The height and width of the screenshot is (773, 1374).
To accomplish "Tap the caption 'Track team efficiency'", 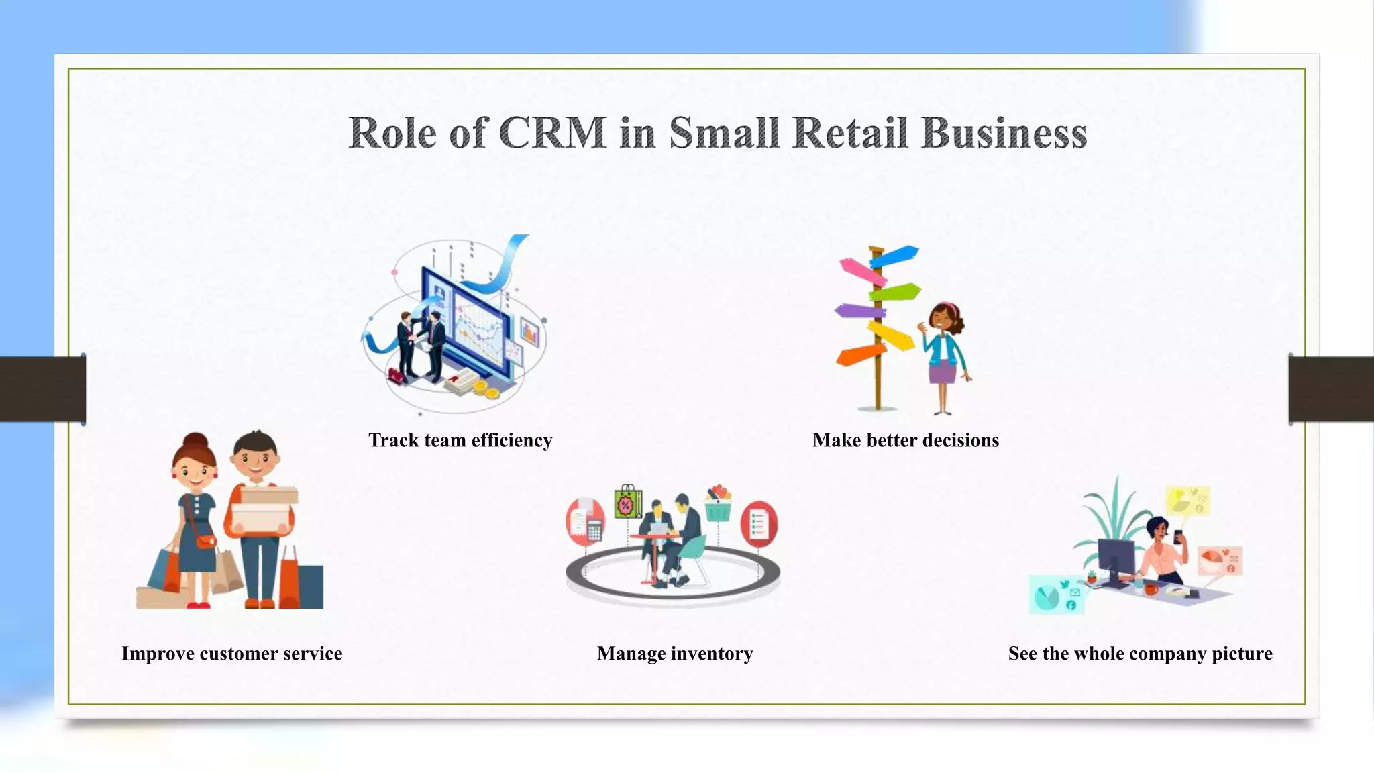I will pos(460,440).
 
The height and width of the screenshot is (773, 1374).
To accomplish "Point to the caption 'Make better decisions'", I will pos(906,440).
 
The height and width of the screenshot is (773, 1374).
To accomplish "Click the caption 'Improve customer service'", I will pos(232,654).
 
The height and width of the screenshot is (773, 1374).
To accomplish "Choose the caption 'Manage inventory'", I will pos(675,654).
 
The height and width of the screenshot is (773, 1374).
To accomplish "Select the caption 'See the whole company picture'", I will pos(1140,654).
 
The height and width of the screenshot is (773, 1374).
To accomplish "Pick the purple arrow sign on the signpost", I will pos(859,311).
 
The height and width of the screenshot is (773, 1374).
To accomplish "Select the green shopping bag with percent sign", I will pos(627,503).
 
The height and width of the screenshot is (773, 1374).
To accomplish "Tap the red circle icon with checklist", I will pos(759,523).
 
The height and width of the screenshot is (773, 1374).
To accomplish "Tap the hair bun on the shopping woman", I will pos(195,440).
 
